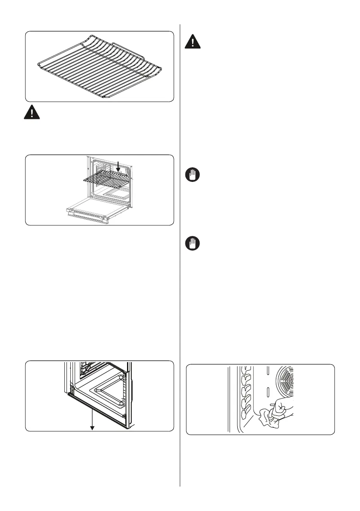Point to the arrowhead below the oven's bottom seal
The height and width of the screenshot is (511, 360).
coord(92,427)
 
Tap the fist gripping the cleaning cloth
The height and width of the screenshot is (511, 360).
coord(281,405)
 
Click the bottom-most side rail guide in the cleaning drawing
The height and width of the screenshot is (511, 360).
coord(245,414)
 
